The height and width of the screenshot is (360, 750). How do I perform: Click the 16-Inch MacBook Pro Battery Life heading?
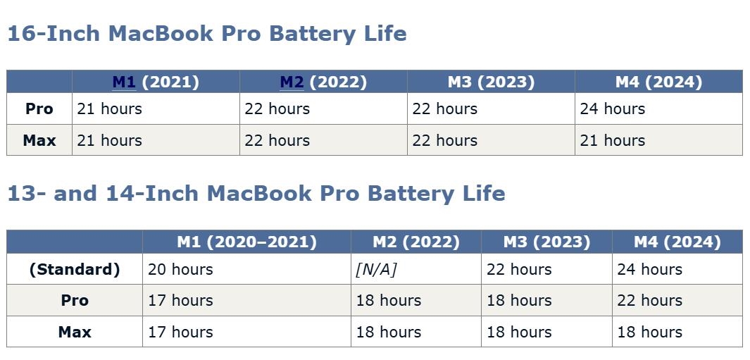coord(206,34)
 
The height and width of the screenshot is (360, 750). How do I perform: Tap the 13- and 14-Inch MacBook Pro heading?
coord(256,193)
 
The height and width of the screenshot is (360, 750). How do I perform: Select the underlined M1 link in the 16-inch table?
coord(125,82)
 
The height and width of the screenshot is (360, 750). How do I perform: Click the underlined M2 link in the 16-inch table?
coord(292,82)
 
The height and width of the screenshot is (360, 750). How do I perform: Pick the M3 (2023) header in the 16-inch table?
coord(491,82)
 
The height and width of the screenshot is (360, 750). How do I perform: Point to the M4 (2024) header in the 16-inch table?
coord(658,82)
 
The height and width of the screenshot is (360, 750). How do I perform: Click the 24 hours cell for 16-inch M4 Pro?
coord(612,108)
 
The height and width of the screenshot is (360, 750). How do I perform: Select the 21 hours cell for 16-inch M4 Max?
coord(612,140)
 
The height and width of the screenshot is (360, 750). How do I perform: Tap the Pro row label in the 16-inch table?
coord(39,108)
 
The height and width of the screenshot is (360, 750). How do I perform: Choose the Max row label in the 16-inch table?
coord(39,140)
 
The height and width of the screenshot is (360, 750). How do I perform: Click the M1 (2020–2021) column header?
coord(246,242)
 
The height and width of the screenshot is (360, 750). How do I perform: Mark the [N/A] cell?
coord(377,270)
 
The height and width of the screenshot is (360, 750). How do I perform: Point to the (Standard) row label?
coord(75,270)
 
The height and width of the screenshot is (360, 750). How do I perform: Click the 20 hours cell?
coord(180,270)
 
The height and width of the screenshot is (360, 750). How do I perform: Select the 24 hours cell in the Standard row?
coord(649,270)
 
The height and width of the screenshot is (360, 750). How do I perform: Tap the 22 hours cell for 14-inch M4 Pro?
coord(649,300)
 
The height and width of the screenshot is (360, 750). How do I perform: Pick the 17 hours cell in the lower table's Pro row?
coord(180,300)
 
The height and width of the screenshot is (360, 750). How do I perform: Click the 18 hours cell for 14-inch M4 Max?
coord(649,332)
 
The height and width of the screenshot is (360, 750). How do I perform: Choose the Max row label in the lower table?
coord(75,332)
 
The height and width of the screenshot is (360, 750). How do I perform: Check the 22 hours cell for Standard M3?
coord(519,270)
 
